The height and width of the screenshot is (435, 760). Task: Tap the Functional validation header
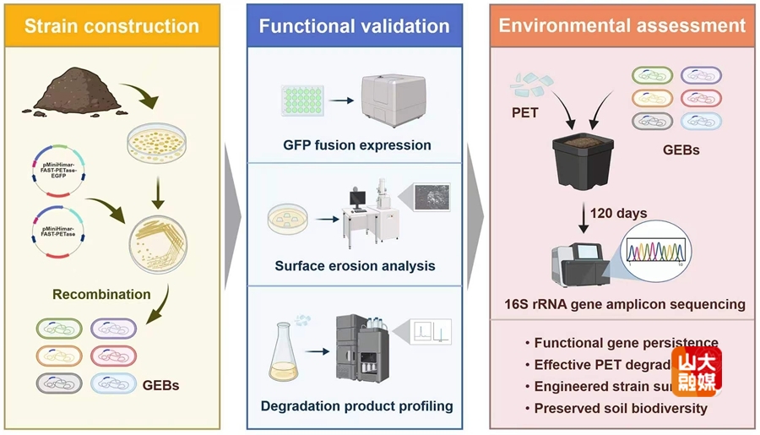click(354, 25)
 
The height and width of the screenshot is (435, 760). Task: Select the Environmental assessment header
click(622, 25)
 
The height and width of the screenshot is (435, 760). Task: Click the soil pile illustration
click(75, 95)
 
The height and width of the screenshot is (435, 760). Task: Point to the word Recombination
click(101, 295)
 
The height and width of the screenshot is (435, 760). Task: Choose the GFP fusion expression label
click(357, 144)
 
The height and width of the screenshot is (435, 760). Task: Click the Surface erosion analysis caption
click(355, 266)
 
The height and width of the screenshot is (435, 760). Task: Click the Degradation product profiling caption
click(356, 405)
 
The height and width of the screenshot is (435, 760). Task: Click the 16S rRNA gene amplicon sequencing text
click(622, 304)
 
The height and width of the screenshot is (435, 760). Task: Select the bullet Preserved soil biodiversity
click(621, 409)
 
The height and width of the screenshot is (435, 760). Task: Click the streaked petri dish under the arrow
click(158, 244)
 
